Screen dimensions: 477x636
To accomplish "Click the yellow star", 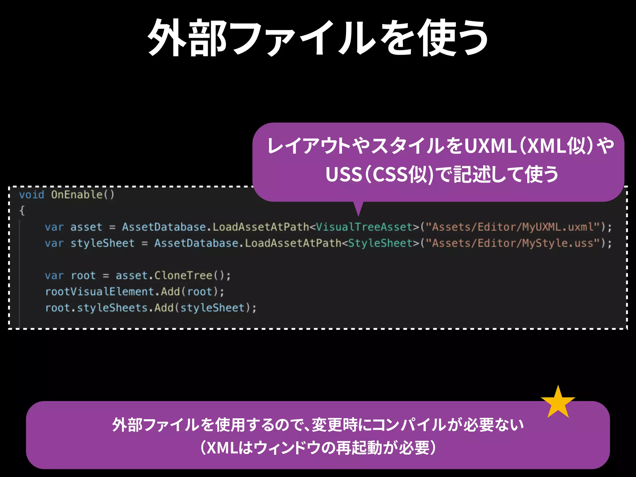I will [558, 403].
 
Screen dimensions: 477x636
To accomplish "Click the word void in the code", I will [32, 195].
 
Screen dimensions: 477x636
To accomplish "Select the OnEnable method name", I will [77, 195].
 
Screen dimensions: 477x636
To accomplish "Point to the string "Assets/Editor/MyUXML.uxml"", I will [512, 227].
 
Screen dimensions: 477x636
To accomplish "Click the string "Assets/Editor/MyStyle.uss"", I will [512, 243].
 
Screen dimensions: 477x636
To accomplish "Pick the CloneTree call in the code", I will [183, 275].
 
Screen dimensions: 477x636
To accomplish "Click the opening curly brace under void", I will [22, 211].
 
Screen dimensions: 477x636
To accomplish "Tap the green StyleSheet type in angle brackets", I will [380, 243].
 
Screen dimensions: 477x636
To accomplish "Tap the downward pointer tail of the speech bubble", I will [358, 208].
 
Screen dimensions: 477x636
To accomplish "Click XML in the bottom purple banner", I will [222, 448].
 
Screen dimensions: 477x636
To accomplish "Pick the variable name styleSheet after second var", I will [102, 243].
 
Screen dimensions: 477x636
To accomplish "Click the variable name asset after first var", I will [86, 227].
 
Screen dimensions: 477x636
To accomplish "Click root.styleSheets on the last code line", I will [96, 308].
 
